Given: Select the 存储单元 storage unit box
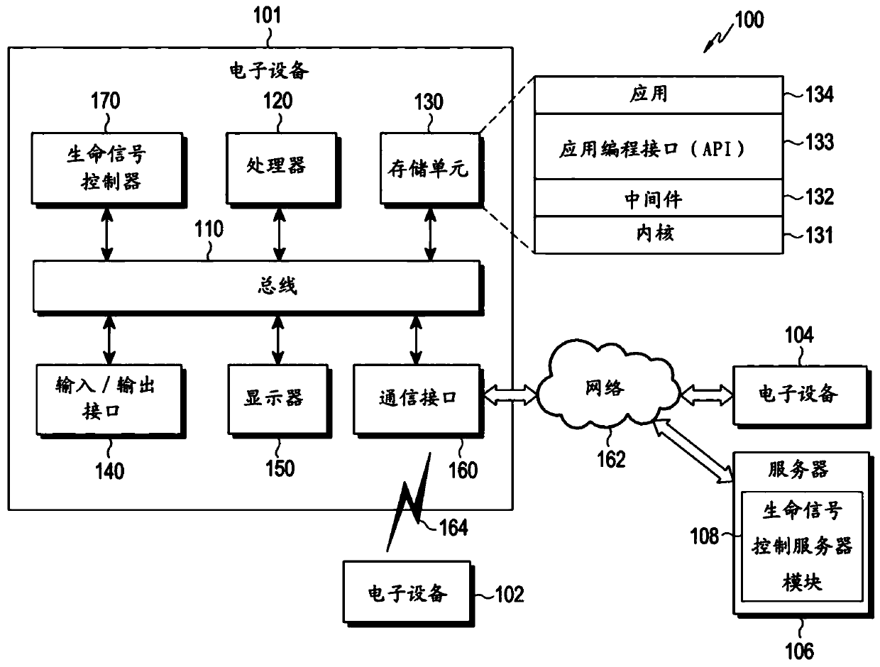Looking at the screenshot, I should (x=428, y=169).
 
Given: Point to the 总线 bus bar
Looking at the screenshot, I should (x=255, y=286).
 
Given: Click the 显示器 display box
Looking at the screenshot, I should (x=275, y=399).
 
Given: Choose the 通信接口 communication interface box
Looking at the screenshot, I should (x=416, y=399).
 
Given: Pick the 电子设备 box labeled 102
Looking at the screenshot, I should (x=406, y=593).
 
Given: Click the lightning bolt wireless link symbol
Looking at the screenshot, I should (x=409, y=504).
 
